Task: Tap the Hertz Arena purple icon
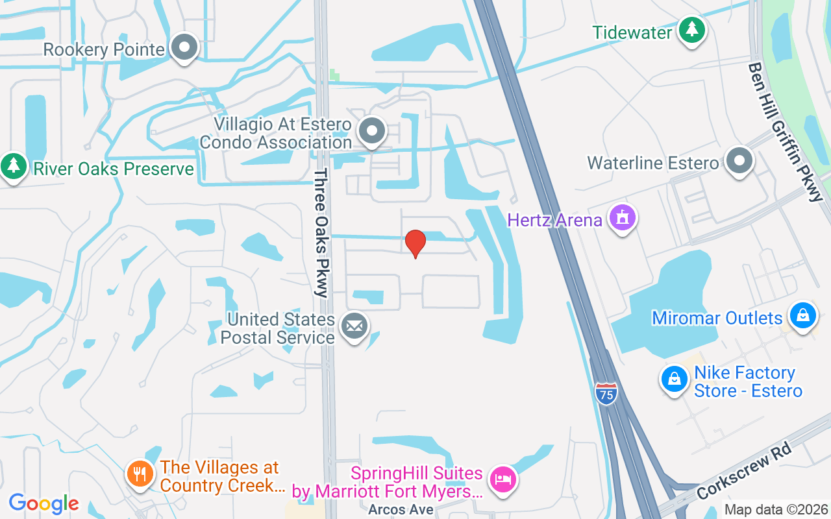click(623, 219)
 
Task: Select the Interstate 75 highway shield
click(606, 394)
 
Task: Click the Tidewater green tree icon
click(692, 30)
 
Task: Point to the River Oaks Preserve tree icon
click(13, 167)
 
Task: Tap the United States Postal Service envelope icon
click(354, 328)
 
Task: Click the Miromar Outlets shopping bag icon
click(803, 317)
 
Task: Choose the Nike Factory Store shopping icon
click(675, 380)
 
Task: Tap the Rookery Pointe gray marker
click(185, 47)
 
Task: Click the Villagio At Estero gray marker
click(372, 131)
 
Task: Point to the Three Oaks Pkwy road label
click(321, 233)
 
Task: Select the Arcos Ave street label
click(401, 509)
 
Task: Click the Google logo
click(43, 503)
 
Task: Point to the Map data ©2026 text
click(776, 509)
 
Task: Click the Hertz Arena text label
click(555, 220)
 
